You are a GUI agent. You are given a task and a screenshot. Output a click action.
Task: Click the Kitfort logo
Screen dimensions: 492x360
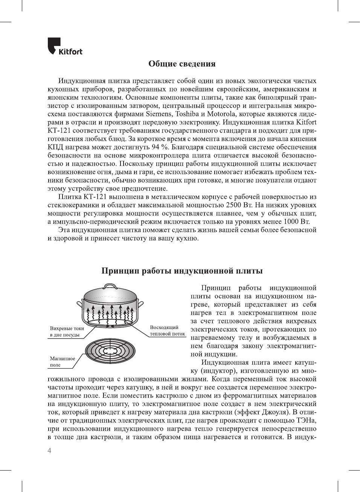(x=65, y=46)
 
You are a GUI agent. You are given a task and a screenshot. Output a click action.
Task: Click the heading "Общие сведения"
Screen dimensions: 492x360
(x=182, y=64)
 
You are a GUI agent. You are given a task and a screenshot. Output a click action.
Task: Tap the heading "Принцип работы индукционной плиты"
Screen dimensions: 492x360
(x=182, y=271)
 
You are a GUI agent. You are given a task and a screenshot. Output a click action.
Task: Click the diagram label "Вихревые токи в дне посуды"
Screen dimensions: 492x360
(x=67, y=332)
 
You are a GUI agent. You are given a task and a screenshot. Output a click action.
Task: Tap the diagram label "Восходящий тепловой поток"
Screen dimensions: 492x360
(x=167, y=331)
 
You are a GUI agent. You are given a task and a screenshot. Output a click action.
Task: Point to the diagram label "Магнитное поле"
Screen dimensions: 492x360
(x=62, y=362)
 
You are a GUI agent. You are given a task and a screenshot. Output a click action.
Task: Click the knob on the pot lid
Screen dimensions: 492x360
(x=110, y=287)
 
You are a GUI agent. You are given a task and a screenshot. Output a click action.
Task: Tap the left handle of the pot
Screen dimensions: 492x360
(x=80, y=304)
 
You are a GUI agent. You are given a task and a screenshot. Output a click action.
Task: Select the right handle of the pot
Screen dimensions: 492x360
(x=140, y=303)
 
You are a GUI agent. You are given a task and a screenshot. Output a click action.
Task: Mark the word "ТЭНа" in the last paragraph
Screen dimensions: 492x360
(x=307, y=420)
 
